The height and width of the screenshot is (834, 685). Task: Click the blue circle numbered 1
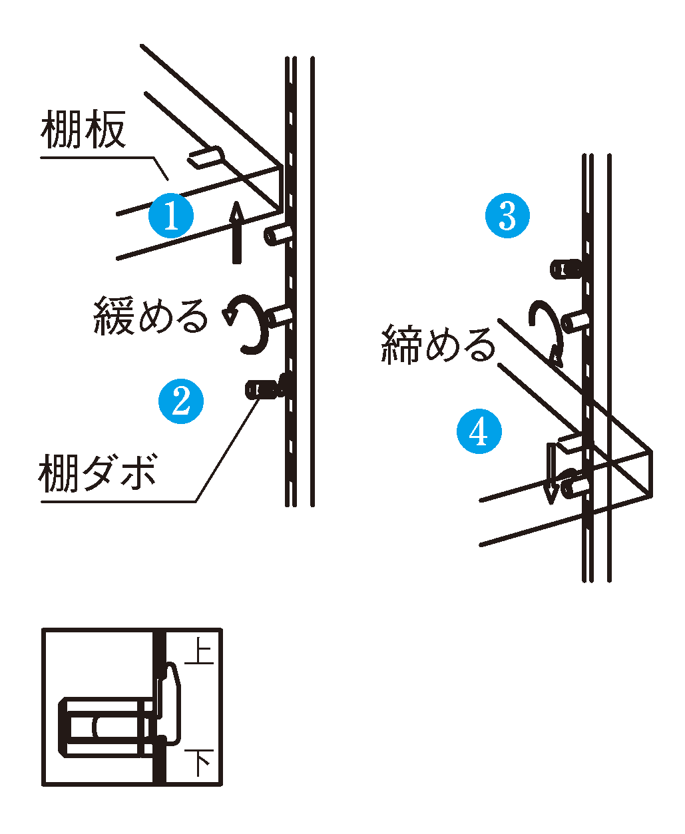pyautogui.click(x=171, y=216)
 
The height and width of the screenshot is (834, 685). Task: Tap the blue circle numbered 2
pyautogui.click(x=181, y=401)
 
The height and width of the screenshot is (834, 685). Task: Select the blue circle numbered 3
pyautogui.click(x=507, y=216)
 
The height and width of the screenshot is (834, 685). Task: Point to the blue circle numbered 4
pyautogui.click(x=479, y=431)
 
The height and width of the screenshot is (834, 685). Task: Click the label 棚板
pyautogui.click(x=83, y=131)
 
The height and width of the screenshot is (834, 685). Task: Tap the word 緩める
pyautogui.click(x=150, y=315)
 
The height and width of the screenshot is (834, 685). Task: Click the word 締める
pyautogui.click(x=439, y=345)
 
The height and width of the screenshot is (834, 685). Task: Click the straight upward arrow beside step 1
pyautogui.click(x=236, y=232)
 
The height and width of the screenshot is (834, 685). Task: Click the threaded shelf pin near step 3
pyautogui.click(x=567, y=269)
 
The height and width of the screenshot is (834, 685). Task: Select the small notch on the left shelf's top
pyautogui.click(x=207, y=157)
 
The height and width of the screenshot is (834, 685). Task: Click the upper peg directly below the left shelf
pyautogui.click(x=278, y=234)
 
